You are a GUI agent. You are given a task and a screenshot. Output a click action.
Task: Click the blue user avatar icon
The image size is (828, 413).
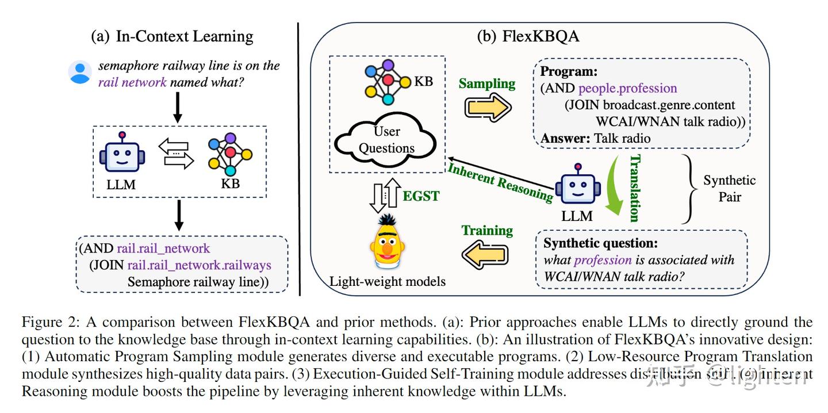[x=80, y=72]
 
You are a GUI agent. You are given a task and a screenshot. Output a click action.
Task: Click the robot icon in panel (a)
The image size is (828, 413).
[x=122, y=154]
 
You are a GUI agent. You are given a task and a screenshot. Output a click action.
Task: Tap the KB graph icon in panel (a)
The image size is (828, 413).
[x=230, y=154]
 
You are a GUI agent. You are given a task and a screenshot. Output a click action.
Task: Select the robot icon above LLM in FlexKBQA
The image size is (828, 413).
[x=577, y=185]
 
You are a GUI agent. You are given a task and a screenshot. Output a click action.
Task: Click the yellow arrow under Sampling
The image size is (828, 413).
[x=487, y=108]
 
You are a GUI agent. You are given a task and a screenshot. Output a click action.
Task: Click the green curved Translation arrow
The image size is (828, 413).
[x=616, y=187]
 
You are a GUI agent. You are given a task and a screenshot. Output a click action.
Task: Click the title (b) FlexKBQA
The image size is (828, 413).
[x=528, y=36]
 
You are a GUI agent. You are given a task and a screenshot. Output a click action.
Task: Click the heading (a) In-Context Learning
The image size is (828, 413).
[x=172, y=36]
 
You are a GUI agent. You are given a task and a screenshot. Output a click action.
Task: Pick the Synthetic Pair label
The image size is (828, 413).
[x=729, y=189]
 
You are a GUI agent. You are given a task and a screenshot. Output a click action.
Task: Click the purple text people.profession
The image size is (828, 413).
[x=627, y=88]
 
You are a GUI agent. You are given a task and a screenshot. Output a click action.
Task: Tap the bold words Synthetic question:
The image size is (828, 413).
[x=600, y=243]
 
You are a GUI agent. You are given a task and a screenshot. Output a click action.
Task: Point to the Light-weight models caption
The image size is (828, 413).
[x=387, y=282]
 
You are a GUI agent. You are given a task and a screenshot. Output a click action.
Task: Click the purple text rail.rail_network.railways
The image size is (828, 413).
[x=199, y=266]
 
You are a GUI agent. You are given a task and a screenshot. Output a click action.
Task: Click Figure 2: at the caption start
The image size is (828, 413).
[x=48, y=322]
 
